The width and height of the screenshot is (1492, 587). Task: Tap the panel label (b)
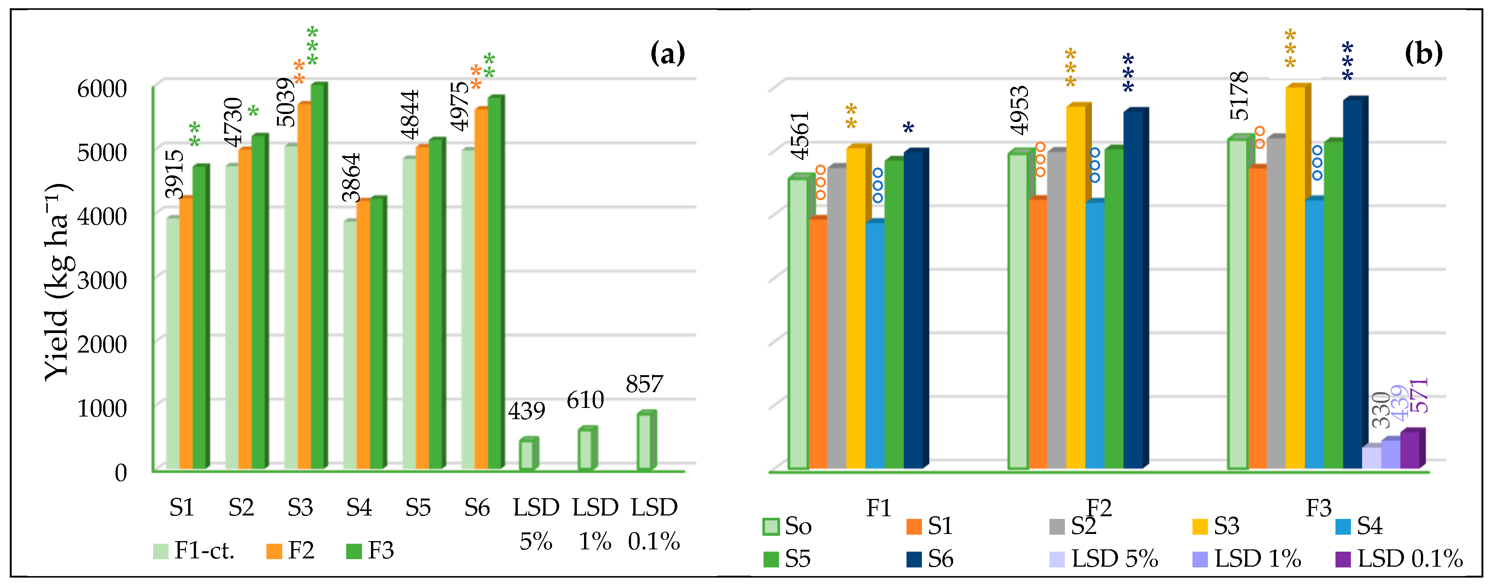[x=1423, y=53]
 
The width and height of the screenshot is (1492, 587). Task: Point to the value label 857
[x=644, y=384]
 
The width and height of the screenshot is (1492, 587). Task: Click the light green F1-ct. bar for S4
[x=349, y=344]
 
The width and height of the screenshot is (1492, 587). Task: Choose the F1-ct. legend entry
[x=194, y=550]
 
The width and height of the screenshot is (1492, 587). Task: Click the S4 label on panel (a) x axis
[x=359, y=508]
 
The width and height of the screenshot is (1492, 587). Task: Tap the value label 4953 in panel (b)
[x=1019, y=110]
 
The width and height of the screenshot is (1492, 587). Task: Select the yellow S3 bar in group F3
[x=1295, y=278]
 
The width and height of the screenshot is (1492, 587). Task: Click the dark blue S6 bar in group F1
[x=913, y=310]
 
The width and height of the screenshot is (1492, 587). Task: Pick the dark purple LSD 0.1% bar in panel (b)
[x=1409, y=449]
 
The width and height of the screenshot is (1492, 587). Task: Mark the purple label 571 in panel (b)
[x=1419, y=395]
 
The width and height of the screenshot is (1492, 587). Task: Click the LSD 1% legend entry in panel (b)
[x=1246, y=559]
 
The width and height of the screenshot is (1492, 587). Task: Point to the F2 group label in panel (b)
[x=1099, y=508]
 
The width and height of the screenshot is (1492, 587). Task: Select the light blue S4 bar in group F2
[x=1095, y=336]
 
